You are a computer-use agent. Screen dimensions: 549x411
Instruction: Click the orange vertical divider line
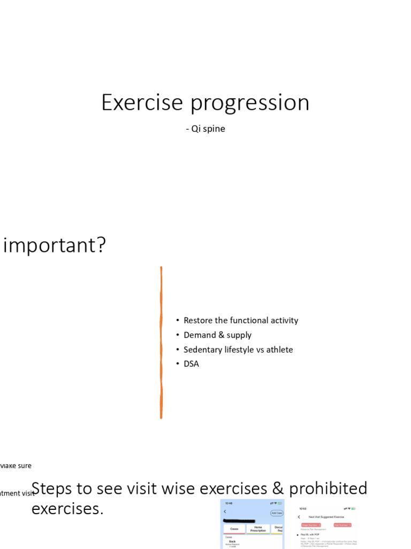[161, 343]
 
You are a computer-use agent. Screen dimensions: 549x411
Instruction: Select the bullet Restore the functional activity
[240, 321]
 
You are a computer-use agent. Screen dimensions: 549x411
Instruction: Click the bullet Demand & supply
[217, 335]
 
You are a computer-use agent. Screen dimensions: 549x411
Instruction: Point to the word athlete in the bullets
[276, 350]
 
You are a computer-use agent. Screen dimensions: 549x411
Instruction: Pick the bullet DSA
[191, 364]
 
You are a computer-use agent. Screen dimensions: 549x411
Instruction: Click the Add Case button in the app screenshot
[277, 513]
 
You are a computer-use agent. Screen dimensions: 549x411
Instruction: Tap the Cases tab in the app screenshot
[234, 528]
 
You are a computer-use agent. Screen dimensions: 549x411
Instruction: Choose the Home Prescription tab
[258, 529]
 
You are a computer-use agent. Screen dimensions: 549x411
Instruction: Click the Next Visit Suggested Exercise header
[326, 517]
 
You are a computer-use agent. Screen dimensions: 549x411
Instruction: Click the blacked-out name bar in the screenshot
[246, 521]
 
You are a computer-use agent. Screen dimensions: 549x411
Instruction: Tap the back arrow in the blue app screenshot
[225, 512]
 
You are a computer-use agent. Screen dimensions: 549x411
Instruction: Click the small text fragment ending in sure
[16, 466]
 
